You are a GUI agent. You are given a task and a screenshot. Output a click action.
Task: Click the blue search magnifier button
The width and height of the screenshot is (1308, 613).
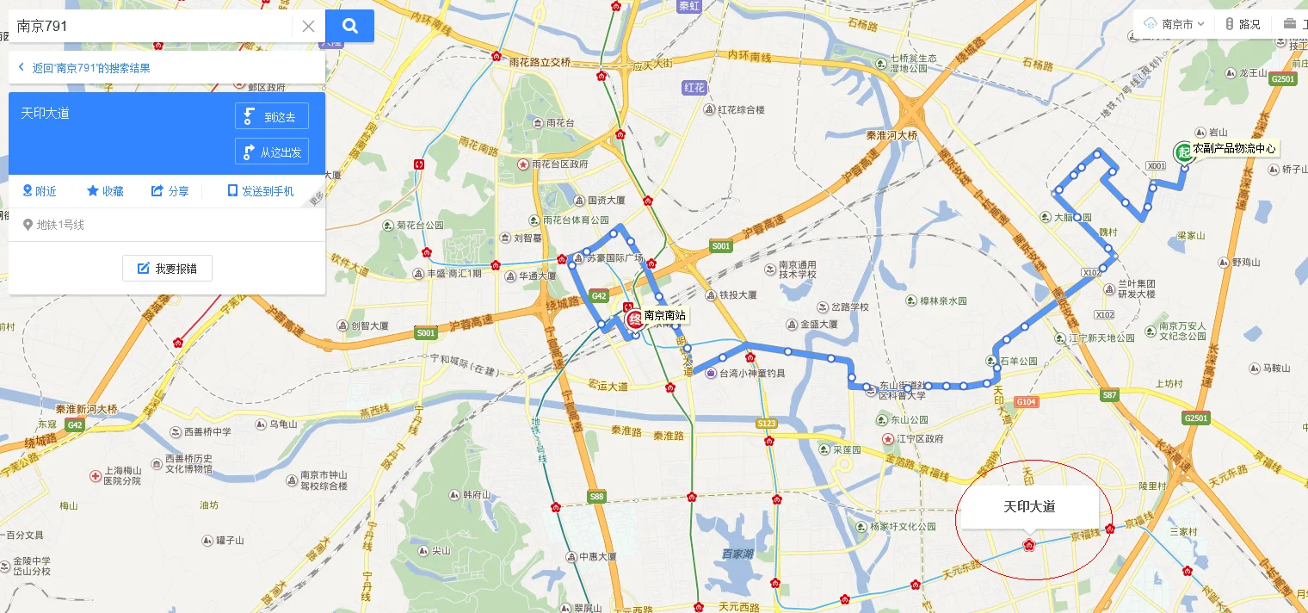pyautogui.click(x=349, y=26)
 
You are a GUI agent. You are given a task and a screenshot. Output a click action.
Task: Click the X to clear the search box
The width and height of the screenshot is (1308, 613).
pyautogui.click(x=308, y=26)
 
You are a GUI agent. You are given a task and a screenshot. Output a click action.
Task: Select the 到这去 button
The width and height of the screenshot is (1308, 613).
pyautogui.click(x=272, y=116)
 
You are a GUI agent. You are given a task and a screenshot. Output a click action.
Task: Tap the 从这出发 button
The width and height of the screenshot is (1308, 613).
pyautogui.click(x=272, y=152)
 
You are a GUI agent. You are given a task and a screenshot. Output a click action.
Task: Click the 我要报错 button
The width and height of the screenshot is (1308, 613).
pyautogui.click(x=167, y=269)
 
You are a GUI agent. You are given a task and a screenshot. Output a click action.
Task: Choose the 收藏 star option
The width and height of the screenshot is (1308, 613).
pyautogui.click(x=105, y=191)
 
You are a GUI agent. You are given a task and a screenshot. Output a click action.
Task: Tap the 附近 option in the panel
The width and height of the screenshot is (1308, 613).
pyautogui.click(x=40, y=191)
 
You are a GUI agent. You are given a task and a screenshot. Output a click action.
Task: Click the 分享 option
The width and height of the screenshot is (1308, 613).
pyautogui.click(x=170, y=191)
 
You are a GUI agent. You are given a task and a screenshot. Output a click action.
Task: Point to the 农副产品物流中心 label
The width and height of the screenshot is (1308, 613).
pyautogui.click(x=1234, y=149)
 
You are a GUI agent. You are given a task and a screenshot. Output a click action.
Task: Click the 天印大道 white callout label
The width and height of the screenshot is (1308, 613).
pyautogui.click(x=1029, y=506)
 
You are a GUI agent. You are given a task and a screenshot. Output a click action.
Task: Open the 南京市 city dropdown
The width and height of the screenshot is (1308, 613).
pyautogui.click(x=1175, y=24)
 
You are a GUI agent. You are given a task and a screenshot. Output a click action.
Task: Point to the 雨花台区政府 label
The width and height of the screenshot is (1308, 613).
pyautogui.click(x=559, y=164)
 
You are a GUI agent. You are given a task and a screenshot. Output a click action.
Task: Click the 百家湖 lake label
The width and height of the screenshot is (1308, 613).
pyautogui.click(x=738, y=554)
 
